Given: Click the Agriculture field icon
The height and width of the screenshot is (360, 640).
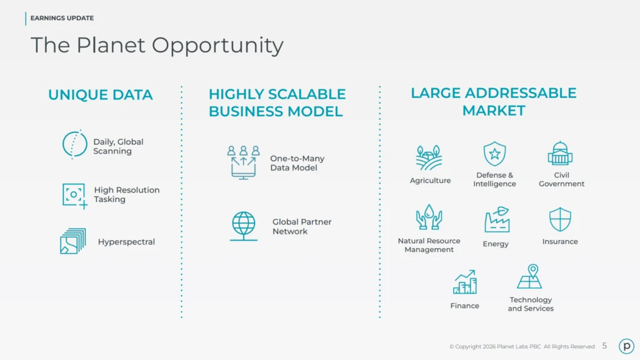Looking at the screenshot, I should pos(429,157).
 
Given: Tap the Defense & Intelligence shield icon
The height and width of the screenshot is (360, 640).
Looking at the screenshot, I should pos(494,154).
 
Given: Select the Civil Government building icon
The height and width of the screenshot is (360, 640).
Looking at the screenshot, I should pos(560,153).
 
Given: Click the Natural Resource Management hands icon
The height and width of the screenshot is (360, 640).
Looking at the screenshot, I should pos(429,217).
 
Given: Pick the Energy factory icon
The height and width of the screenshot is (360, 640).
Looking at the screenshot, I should pos(497,220).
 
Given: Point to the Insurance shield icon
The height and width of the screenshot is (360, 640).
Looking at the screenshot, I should pos(560,219).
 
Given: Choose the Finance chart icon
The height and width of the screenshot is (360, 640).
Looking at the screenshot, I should pos(465,282).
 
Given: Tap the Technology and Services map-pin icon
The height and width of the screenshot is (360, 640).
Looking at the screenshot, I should pos(530,277).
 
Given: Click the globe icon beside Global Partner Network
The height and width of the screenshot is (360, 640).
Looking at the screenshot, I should pos(243,226).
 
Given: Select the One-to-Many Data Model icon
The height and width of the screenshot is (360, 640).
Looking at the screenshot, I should pos(243,162).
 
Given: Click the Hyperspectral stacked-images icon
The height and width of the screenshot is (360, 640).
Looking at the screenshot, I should pos(72,241).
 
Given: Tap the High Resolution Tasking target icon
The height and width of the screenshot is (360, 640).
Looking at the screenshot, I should pos(74,195).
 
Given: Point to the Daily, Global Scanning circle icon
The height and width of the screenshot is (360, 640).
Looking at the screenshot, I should pos(74,144).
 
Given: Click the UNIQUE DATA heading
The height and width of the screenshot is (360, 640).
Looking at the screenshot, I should pos(100,95).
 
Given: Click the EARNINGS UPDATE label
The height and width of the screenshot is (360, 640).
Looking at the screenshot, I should pos(62,18).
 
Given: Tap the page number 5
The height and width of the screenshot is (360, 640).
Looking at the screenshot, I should pos(604,346).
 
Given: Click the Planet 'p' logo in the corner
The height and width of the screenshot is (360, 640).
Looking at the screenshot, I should pos(626,346).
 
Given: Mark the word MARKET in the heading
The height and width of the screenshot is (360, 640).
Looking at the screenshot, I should pos(493,111).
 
